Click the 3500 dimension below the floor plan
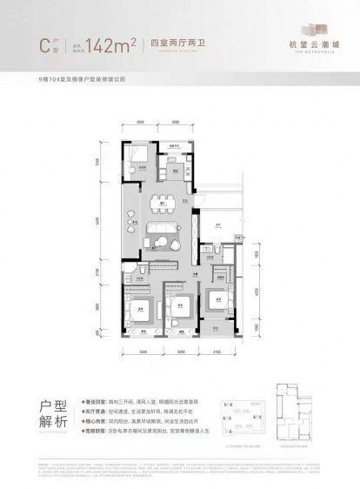pyautogui.click(x=140, y=352)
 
